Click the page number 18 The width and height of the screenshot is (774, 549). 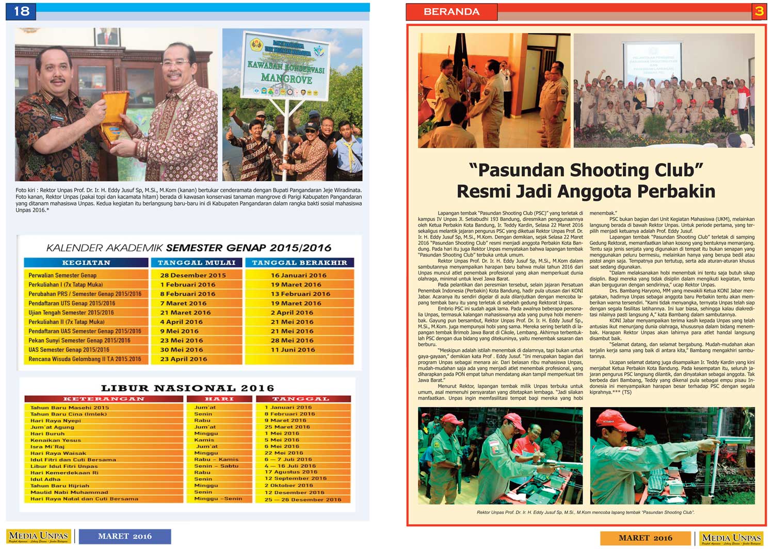coord(21,11)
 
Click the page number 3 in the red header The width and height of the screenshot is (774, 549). coord(759,11)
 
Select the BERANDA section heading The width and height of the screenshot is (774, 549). coord(451,12)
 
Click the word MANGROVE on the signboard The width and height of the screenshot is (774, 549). coord(286,79)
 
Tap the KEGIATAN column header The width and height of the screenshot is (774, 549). coord(86,263)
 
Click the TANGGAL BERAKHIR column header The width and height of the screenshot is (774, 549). coord(299,263)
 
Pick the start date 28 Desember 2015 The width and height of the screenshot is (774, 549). coord(193,276)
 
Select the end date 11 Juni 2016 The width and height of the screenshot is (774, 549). coord(293,350)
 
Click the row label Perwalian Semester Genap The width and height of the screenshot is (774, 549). coord(62,276)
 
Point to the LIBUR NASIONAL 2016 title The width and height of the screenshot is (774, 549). coord(187,388)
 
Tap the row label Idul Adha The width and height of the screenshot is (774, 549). coord(45,479)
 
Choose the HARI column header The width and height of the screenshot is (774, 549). coord(219,399)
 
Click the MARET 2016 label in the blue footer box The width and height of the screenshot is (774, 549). coord(125,536)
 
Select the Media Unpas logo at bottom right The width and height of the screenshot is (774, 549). coord(732,538)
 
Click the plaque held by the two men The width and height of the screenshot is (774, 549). coord(115,116)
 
